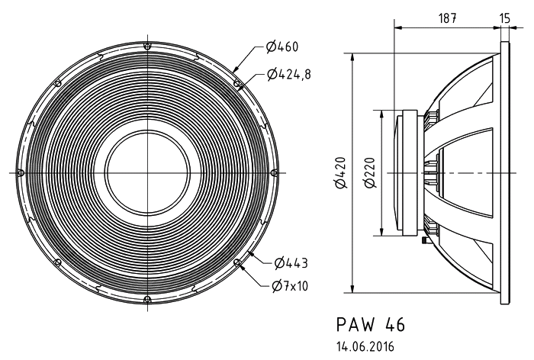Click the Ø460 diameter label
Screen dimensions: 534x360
pyautogui.click(x=281, y=47)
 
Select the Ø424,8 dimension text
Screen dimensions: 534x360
pyautogui.click(x=288, y=73)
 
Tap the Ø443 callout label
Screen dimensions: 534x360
pyautogui.click(x=291, y=262)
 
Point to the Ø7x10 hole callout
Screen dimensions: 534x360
pyautogui.click(x=290, y=286)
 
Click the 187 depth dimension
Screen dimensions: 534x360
pyautogui.click(x=447, y=18)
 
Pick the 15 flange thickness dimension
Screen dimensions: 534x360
pyautogui.click(x=505, y=18)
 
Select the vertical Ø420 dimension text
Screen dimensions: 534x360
pyautogui.click(x=340, y=172)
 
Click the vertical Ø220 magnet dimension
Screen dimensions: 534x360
pyautogui.click(x=370, y=172)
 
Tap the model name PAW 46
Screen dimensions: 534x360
pyautogui.click(x=371, y=324)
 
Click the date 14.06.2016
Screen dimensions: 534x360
pyautogui.click(x=365, y=347)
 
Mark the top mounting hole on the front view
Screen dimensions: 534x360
pyautogui.click(x=147, y=46)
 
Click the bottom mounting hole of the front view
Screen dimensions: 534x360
pyautogui.click(x=147, y=300)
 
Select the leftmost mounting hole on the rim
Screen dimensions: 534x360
pyautogui.click(x=21, y=172)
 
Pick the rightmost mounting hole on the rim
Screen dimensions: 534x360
pyautogui.click(x=274, y=172)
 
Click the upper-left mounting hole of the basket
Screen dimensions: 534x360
pyautogui.click(x=57, y=83)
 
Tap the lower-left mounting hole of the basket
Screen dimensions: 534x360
pyautogui.click(x=57, y=262)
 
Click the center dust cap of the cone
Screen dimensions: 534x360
pyautogui.click(x=147, y=172)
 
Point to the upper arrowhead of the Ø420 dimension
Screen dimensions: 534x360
pyautogui.click(x=352, y=57)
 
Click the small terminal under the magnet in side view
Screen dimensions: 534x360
pyautogui.click(x=425, y=240)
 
